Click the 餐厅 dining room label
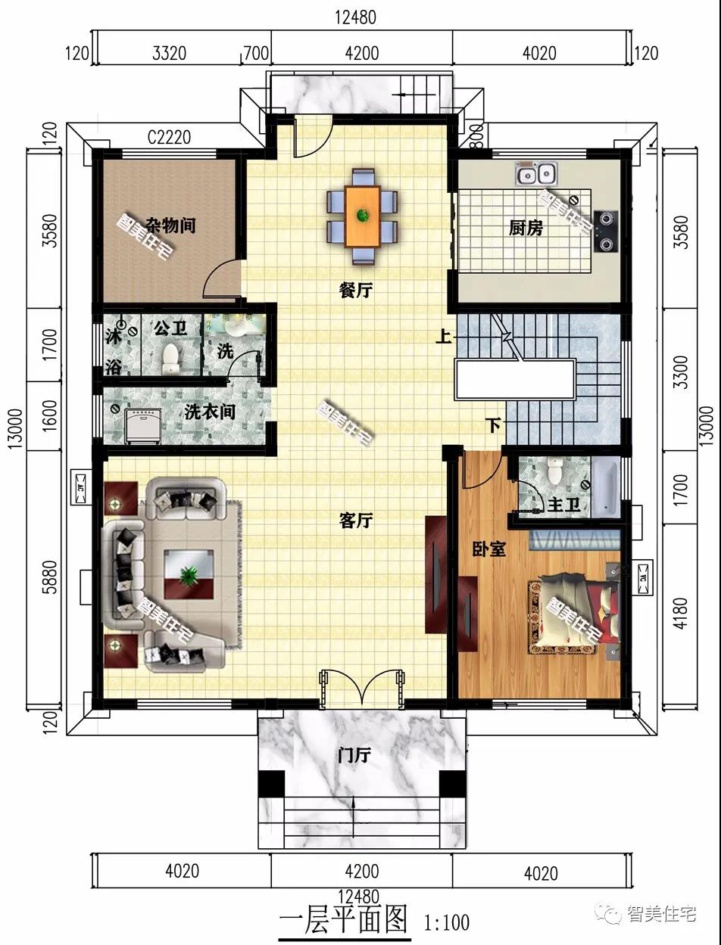click(355, 291)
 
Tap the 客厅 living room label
click(355, 521)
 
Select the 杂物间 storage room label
click(170, 225)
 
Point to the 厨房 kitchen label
click(526, 228)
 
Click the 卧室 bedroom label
click(488, 549)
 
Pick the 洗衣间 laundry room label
click(210, 412)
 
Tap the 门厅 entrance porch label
click(354, 755)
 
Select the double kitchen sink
click(536, 174)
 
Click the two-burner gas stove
click(607, 232)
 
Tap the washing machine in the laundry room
click(142, 426)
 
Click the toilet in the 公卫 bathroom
click(170, 358)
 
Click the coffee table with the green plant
click(189, 574)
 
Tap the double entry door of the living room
click(361, 689)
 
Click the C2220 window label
click(169, 138)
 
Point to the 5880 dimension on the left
click(50, 577)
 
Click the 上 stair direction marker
click(444, 336)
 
